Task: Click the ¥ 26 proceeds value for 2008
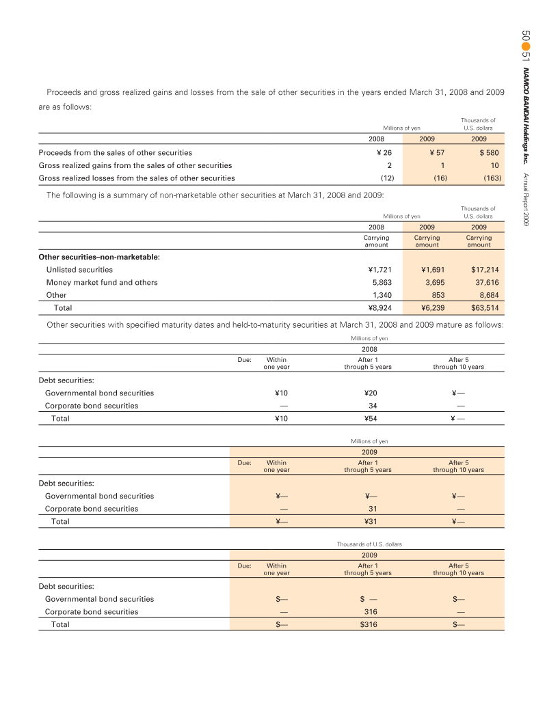point(382,153)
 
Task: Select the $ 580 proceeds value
point(489,153)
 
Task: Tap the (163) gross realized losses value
point(492,178)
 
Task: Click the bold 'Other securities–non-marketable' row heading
point(99,257)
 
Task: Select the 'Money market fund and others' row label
point(102,283)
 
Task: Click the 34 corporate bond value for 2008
point(368,406)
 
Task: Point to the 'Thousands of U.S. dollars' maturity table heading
point(369,544)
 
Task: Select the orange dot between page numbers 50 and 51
point(526,43)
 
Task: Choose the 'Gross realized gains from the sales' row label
point(135,165)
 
